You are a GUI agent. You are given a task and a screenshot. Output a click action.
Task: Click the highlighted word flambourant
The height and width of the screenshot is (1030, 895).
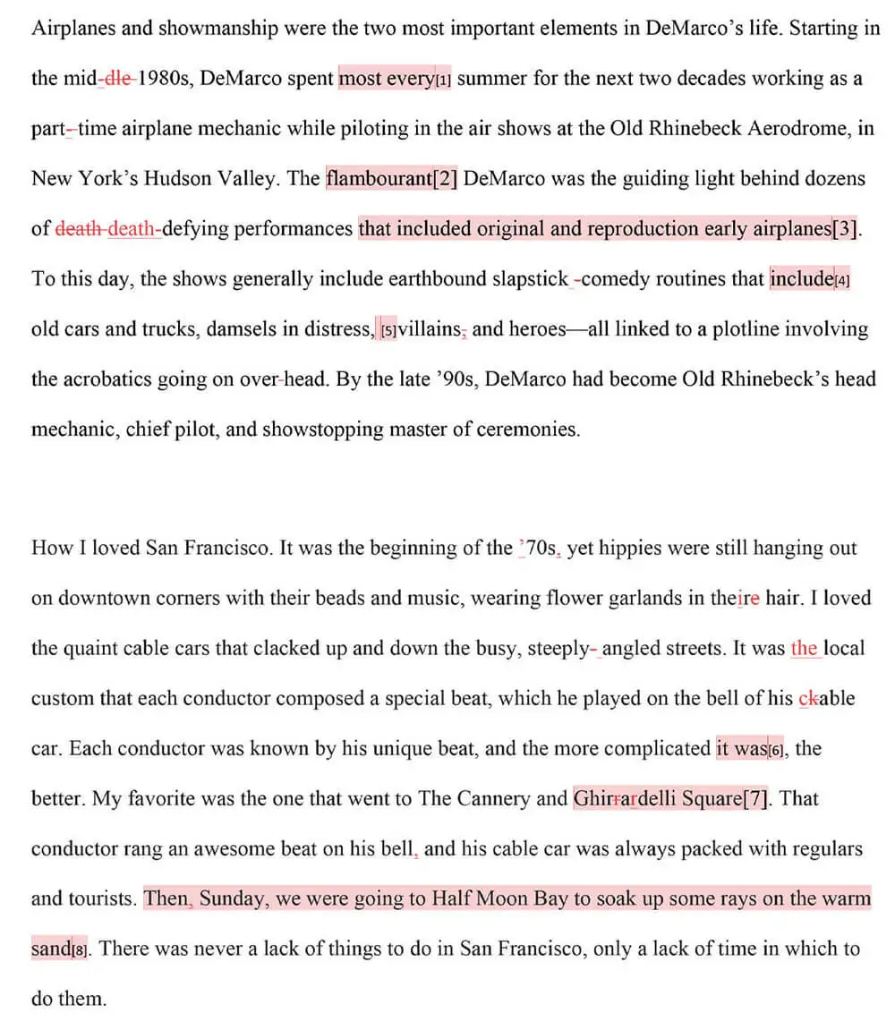pyautogui.click(x=378, y=179)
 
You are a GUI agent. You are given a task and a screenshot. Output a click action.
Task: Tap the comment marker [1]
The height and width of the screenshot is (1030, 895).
pyautogui.click(x=443, y=81)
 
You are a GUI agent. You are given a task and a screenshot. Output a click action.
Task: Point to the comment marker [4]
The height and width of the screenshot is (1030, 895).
pyautogui.click(x=841, y=281)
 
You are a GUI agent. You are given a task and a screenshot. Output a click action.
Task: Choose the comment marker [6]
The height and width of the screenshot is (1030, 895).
pyautogui.click(x=780, y=750)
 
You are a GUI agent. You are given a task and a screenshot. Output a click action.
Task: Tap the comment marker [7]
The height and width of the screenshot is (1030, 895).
pyautogui.click(x=756, y=798)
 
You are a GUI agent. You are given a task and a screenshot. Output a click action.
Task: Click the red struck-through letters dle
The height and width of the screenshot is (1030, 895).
pyautogui.click(x=118, y=79)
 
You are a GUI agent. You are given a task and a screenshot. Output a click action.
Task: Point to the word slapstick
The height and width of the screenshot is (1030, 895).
pyautogui.click(x=531, y=278)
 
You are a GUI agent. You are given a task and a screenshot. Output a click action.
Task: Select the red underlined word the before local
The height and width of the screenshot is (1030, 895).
pyautogui.click(x=805, y=648)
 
